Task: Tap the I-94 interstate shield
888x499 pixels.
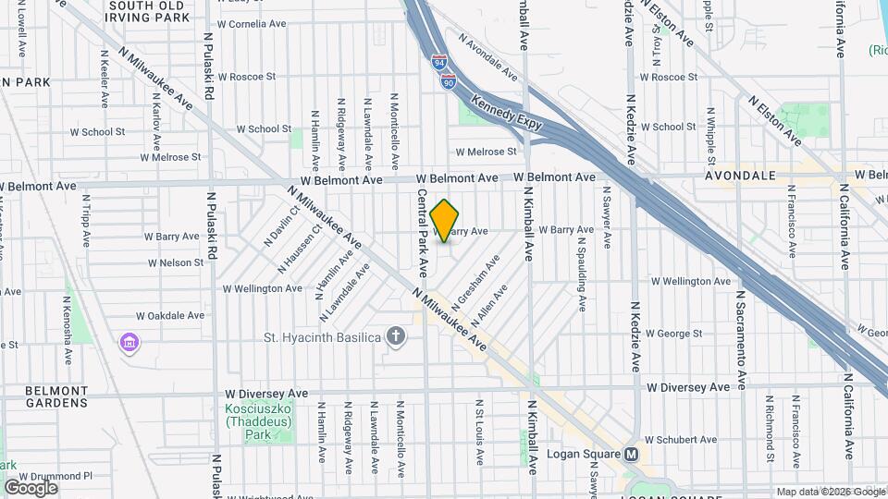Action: pyautogui.click(x=438, y=62)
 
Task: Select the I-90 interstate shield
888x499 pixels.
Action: pyautogui.click(x=449, y=81)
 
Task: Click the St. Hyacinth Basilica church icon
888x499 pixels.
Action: pyautogui.click(x=396, y=336)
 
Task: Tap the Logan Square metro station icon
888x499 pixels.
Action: pyautogui.click(x=633, y=454)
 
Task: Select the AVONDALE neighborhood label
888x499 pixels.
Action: pyautogui.click(x=738, y=175)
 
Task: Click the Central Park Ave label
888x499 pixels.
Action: pyautogui.click(x=422, y=234)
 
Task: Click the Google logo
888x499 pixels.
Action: pyautogui.click(x=31, y=487)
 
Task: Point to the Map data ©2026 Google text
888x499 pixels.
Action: pyautogui.click(x=830, y=492)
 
